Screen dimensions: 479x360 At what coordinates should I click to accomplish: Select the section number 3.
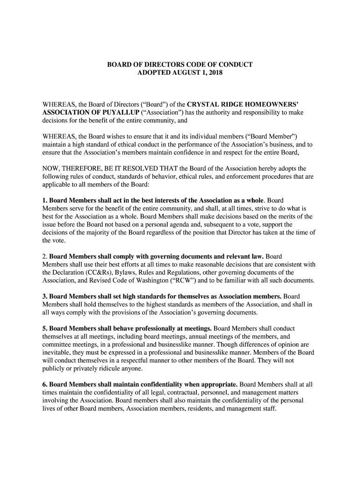(45, 297)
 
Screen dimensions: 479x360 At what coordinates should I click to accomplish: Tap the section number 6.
(45, 385)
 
